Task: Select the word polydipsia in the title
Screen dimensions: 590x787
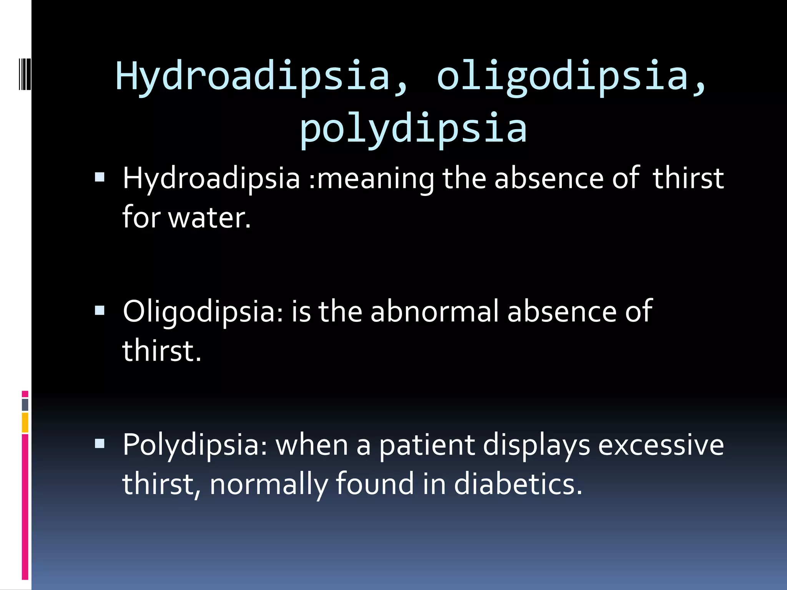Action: tap(413, 128)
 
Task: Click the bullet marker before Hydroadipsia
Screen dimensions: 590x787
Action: tap(100, 177)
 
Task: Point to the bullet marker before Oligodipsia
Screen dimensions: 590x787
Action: tap(100, 310)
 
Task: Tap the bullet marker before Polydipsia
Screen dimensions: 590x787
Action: tap(100, 444)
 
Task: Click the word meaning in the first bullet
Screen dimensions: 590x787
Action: tap(375, 178)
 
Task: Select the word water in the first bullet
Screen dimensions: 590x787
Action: tap(209, 217)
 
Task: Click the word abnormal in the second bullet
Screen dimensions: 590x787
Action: tap(434, 311)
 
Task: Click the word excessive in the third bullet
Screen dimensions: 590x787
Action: tap(661, 445)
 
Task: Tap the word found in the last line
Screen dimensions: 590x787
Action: tap(375, 484)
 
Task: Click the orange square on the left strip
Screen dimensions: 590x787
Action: tap(25, 423)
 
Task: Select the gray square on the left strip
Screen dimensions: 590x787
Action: tap(25, 404)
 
